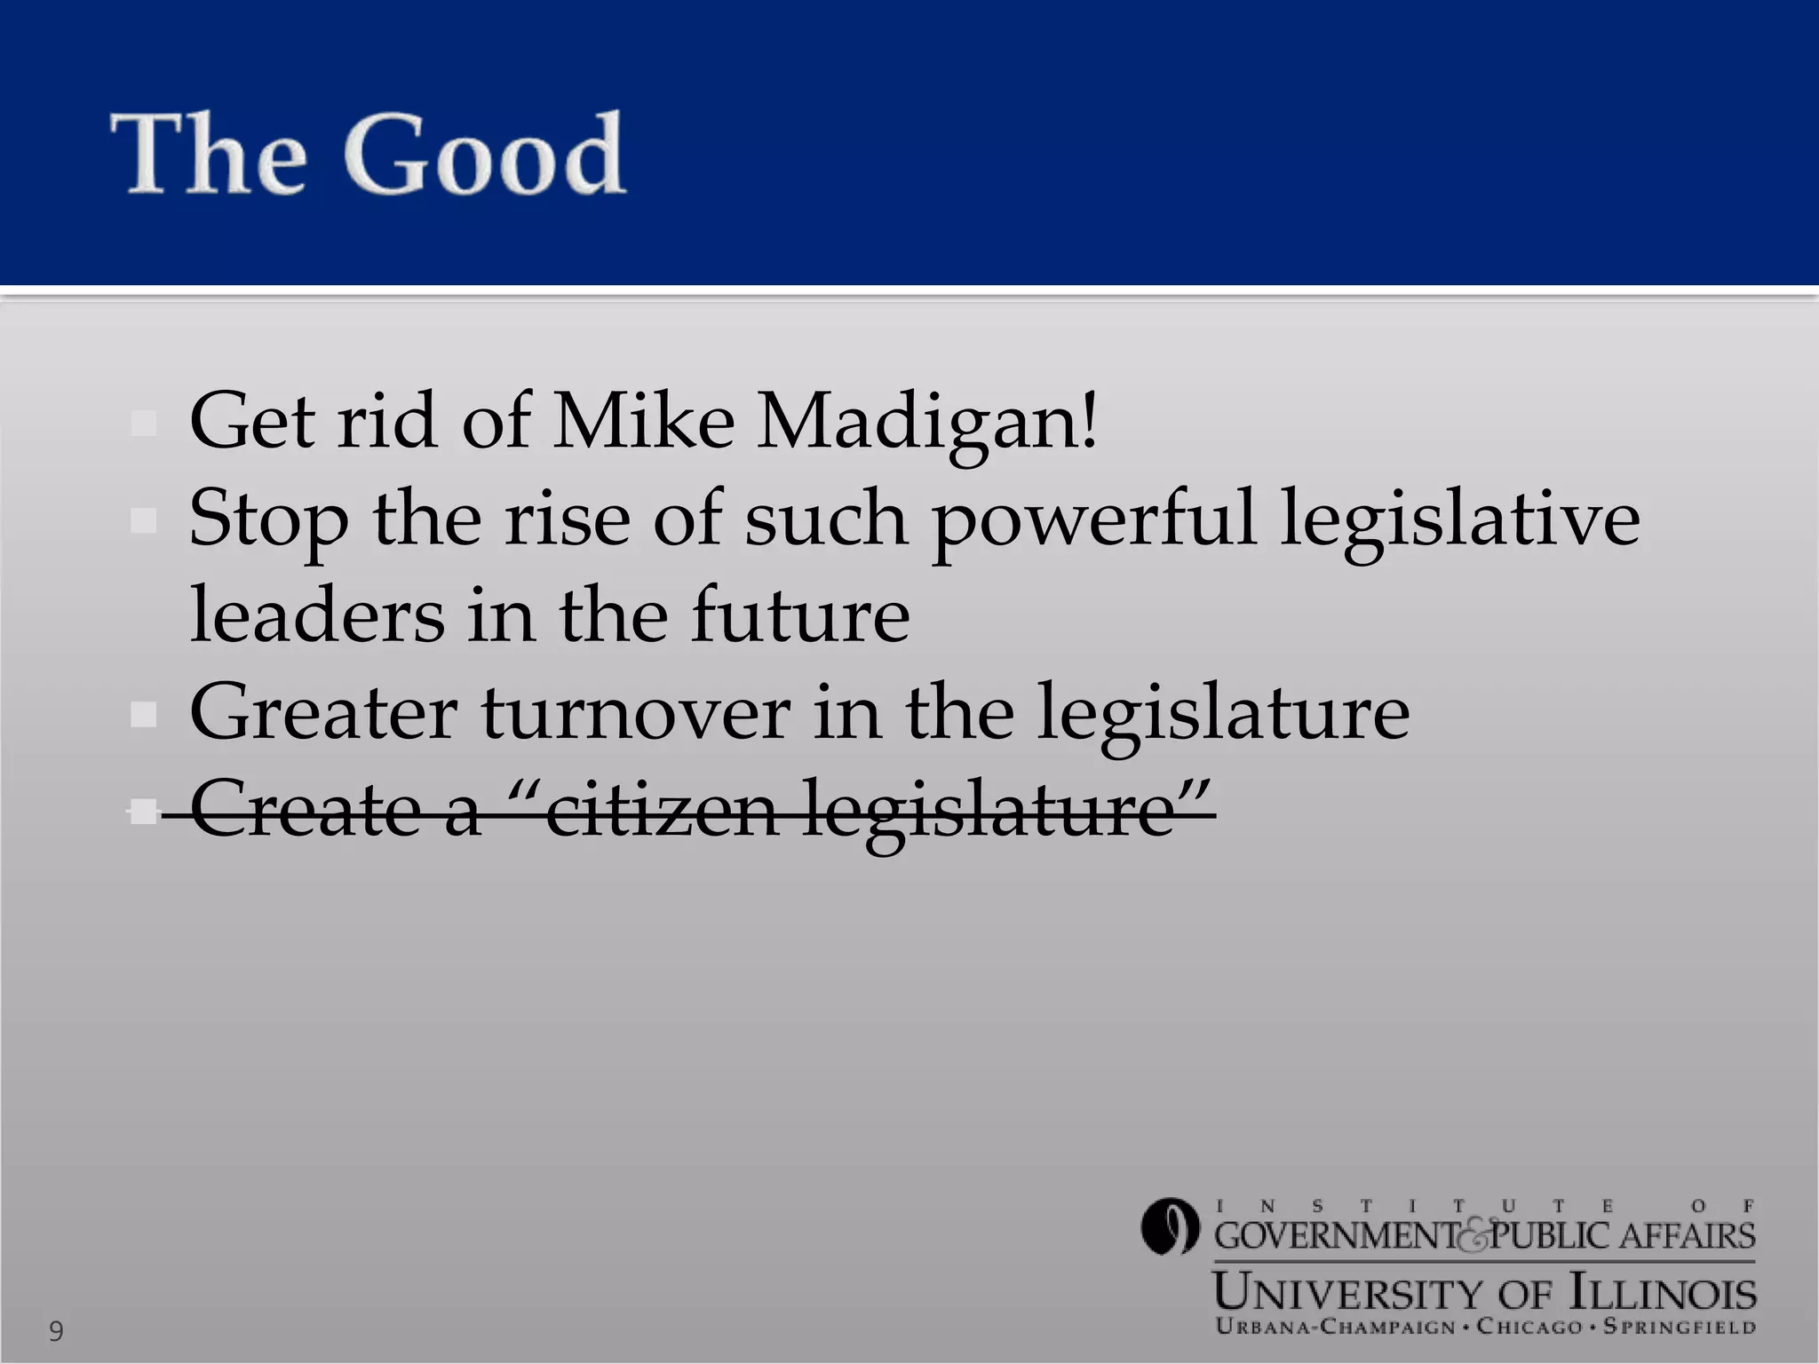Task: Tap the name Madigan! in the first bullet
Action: click(927, 421)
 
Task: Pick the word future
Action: click(800, 615)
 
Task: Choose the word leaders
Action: click(317, 615)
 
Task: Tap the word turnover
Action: click(636, 712)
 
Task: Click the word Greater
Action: click(323, 712)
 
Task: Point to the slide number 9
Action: click(56, 1330)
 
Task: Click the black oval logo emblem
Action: click(1170, 1226)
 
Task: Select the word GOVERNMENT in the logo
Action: click(1336, 1236)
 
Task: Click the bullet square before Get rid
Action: click(143, 423)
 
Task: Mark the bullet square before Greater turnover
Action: click(143, 714)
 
